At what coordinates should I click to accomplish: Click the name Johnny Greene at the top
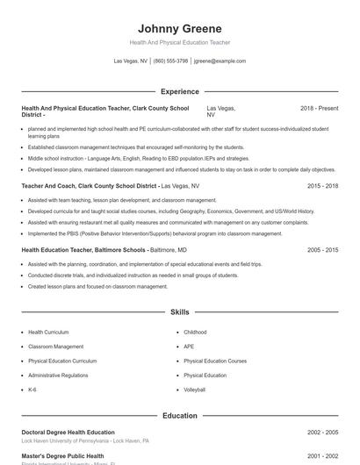pos(179,28)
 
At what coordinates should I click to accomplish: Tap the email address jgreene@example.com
pos(220,61)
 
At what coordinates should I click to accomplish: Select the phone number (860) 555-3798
pos(170,61)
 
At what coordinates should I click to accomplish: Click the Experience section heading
pos(179,91)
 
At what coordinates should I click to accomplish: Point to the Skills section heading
pos(179,312)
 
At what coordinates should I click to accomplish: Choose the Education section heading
pos(179,416)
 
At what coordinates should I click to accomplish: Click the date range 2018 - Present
pos(319,108)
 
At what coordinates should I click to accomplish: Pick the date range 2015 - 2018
pos(322,186)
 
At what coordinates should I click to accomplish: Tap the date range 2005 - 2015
pos(322,250)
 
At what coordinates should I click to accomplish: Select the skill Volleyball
pos(194,390)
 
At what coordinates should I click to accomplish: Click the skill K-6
pos(32,390)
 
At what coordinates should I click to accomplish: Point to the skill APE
pos(189,347)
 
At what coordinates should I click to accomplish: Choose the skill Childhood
pos(195,333)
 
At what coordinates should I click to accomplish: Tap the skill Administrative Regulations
pos(58,376)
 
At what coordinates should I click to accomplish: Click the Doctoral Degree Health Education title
pos(68,433)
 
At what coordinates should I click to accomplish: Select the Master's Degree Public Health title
pos(62,456)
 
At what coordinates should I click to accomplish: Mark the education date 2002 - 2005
pos(322,433)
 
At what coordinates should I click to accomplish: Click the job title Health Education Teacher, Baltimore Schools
pos(83,250)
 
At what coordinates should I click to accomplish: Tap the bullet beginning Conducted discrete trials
pos(132,275)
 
